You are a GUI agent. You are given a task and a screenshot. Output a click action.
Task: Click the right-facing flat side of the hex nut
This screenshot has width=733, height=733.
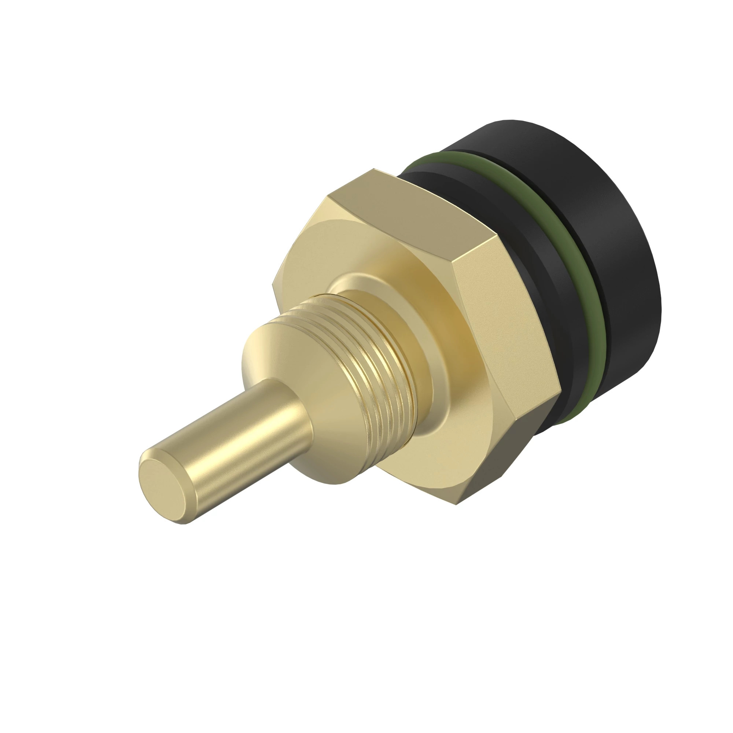[505, 323]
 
